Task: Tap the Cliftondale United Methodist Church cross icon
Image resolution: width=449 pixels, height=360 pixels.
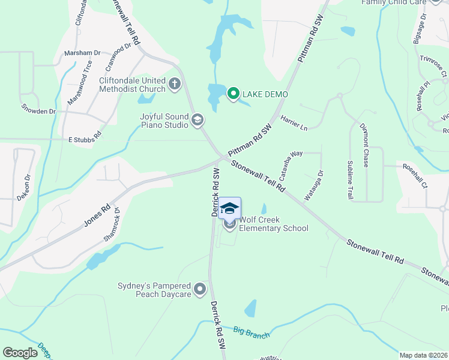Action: click(x=175, y=83)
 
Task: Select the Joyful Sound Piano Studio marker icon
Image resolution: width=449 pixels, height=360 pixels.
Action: click(x=197, y=120)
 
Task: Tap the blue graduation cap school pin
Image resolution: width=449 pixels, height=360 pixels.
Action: click(x=229, y=208)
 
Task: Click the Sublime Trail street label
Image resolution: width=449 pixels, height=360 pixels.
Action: click(x=350, y=179)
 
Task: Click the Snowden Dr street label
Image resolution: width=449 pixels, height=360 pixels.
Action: click(x=38, y=110)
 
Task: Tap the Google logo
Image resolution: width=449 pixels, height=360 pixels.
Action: click(x=20, y=353)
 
